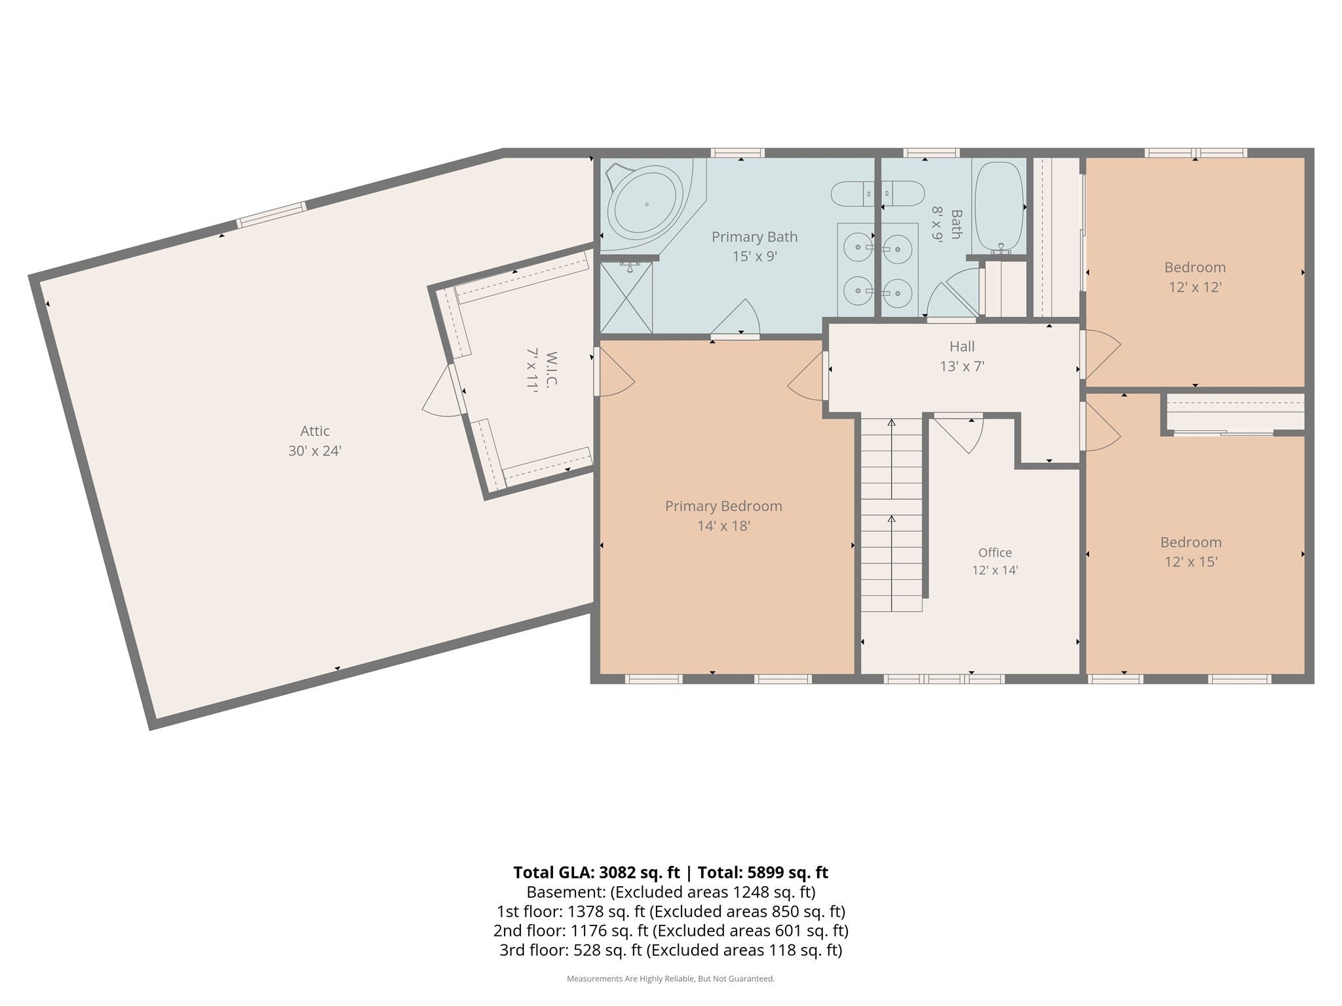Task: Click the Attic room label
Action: pyautogui.click(x=315, y=431)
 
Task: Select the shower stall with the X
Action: pyautogui.click(x=626, y=297)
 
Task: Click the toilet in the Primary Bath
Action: pyautogui.click(x=852, y=194)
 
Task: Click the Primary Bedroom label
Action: pyautogui.click(x=723, y=506)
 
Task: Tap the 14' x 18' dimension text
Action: pyautogui.click(x=723, y=526)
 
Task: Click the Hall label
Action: pyautogui.click(x=962, y=346)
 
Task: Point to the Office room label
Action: pyautogui.click(x=995, y=553)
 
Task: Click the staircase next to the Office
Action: pyautogui.click(x=891, y=514)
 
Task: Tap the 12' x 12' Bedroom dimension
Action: pyautogui.click(x=1195, y=287)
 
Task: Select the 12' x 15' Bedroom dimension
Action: pyautogui.click(x=1191, y=562)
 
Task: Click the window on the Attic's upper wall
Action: pyautogui.click(x=271, y=215)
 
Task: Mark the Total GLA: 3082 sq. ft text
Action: pyautogui.click(x=596, y=872)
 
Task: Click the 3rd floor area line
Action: pyautogui.click(x=671, y=950)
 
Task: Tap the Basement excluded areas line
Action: pyautogui.click(x=671, y=892)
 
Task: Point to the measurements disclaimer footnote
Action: pyautogui.click(x=671, y=978)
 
